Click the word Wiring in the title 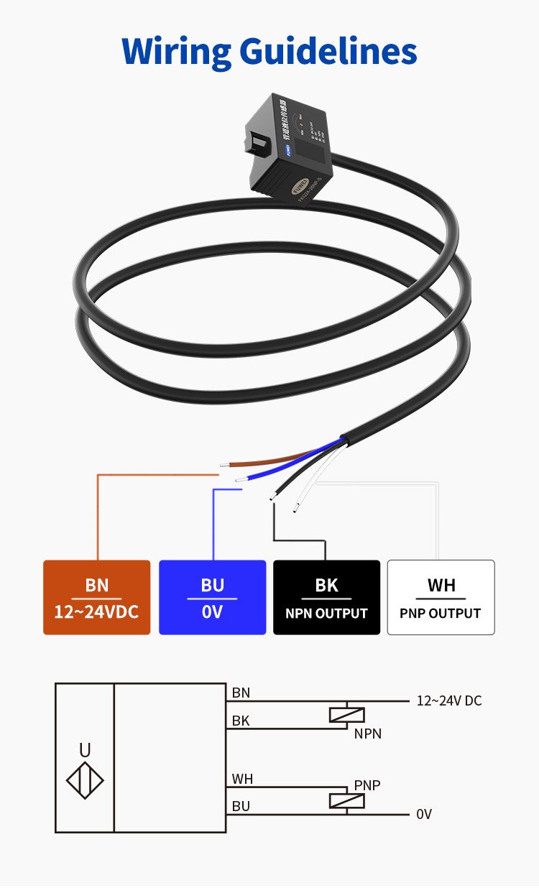click(175, 51)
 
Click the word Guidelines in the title click(328, 51)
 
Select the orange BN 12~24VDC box click(97, 597)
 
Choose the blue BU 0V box click(212, 597)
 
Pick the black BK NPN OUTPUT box click(326, 597)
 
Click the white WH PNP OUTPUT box click(441, 597)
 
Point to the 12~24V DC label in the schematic click(449, 700)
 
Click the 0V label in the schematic click(424, 814)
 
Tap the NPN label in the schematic click(367, 734)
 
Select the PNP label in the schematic click(367, 786)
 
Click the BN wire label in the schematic click(241, 693)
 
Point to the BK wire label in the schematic click(241, 721)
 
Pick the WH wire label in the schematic click(242, 779)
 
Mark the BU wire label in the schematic click(241, 806)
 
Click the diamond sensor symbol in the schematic click(85, 780)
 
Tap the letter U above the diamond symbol click(85, 750)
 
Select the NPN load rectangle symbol click(346, 715)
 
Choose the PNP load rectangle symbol click(346, 800)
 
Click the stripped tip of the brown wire click(224, 465)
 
